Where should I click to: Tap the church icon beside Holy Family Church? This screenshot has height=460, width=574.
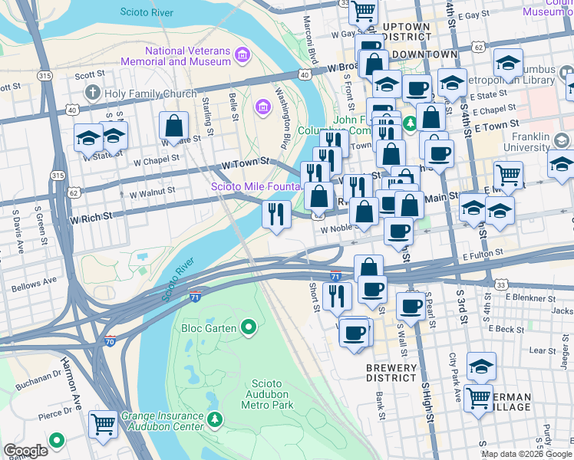coord(92,94)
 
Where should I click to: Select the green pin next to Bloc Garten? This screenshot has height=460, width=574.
coord(248,328)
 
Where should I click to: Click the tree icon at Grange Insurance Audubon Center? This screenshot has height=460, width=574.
coord(216,419)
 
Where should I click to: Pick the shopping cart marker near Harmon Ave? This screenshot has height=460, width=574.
coord(103,424)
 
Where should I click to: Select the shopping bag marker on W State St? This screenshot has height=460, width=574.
coord(174,126)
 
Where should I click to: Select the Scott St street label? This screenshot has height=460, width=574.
coord(89,75)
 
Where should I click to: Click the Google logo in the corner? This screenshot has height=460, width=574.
coord(26,451)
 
